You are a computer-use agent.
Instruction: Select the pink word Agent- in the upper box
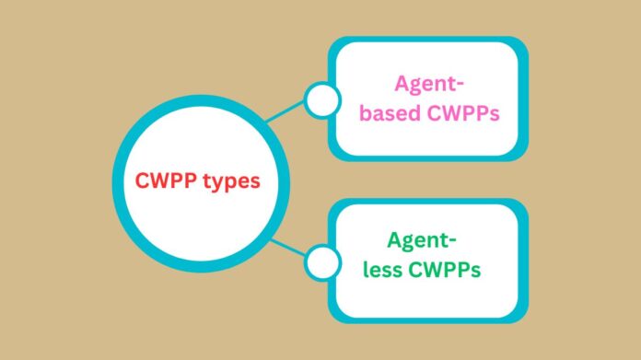pos(428,84)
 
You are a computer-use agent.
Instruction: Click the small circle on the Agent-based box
pos(321,100)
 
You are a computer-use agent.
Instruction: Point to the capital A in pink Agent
pos(402,84)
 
